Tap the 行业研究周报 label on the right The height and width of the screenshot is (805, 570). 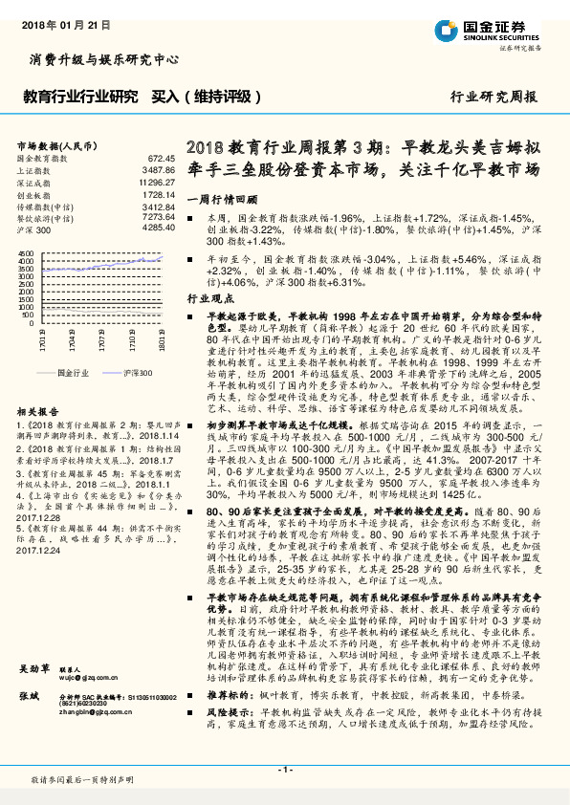[x=493, y=98]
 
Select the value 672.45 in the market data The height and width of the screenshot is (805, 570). [x=162, y=157]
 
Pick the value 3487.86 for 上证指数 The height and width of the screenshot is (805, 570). [x=159, y=169]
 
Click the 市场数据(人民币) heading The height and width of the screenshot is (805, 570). [x=57, y=144]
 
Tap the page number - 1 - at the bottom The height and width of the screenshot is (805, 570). [x=285, y=770]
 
